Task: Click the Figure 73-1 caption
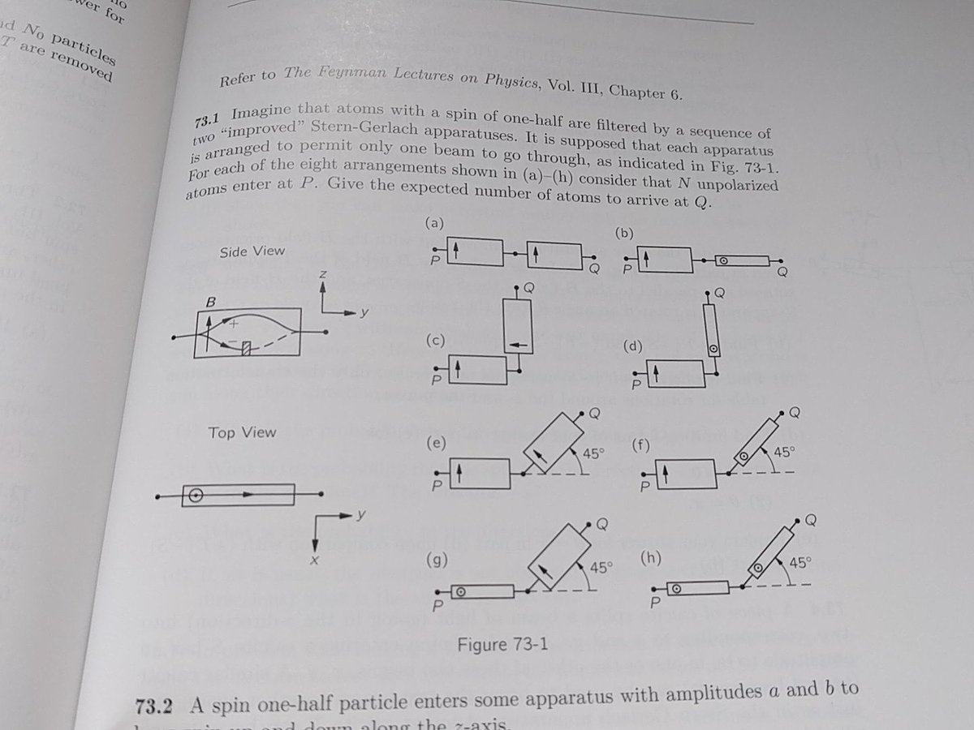pyautogui.click(x=502, y=646)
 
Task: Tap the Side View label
pyautogui.click(x=252, y=251)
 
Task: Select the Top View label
pyautogui.click(x=242, y=432)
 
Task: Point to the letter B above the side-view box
pyautogui.click(x=210, y=300)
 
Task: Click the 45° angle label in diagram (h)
pyautogui.click(x=799, y=562)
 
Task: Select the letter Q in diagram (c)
pyautogui.click(x=529, y=287)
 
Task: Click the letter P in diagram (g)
pyautogui.click(x=437, y=605)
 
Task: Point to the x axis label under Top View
pyautogui.click(x=313, y=560)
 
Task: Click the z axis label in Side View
pyautogui.click(x=322, y=276)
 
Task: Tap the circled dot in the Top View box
pyautogui.click(x=195, y=494)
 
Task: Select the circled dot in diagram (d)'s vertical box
pyautogui.click(x=713, y=349)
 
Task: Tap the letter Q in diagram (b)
pyautogui.click(x=782, y=270)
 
